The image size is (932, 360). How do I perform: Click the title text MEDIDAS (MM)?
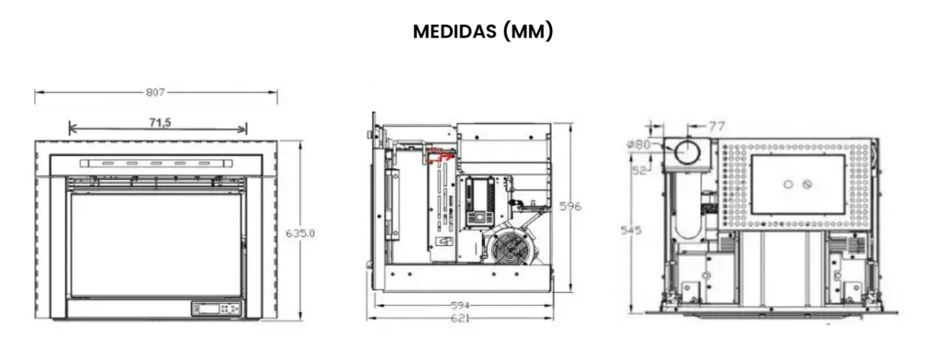click(x=483, y=33)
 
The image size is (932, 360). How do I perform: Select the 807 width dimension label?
click(x=155, y=92)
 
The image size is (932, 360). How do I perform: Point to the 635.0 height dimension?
click(x=300, y=233)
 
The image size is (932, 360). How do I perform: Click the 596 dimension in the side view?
click(x=571, y=205)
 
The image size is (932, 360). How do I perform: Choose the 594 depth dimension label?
click(x=460, y=305)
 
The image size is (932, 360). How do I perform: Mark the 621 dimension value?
click(x=460, y=318)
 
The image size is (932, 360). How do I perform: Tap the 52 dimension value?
click(x=639, y=171)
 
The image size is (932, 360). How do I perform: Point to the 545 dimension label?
click(x=631, y=230)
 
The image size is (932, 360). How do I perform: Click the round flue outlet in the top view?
click(x=686, y=152)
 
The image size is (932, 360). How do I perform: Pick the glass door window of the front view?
click(x=155, y=244)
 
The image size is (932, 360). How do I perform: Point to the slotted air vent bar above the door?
click(x=156, y=163)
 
